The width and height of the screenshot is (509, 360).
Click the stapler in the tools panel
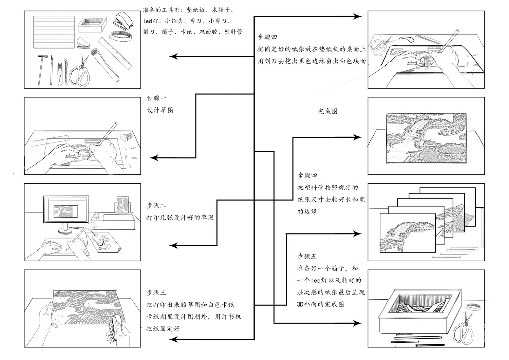124,21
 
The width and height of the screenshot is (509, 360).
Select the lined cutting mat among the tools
54,32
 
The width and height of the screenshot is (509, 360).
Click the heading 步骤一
156,98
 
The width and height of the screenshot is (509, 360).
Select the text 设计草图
160,110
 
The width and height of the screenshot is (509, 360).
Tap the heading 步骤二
156,206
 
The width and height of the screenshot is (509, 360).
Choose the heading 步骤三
156,292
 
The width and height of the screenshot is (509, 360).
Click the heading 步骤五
307,256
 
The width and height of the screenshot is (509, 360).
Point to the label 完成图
327,111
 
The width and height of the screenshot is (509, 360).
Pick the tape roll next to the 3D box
474,307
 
